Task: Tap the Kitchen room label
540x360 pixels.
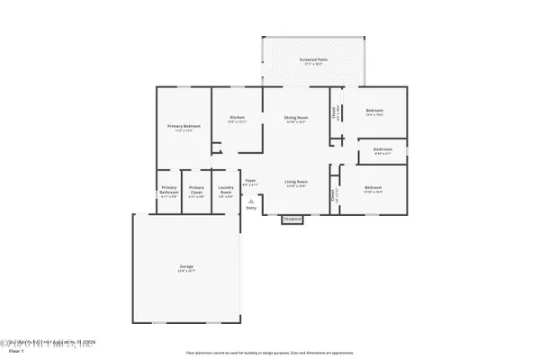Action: (x=238, y=119)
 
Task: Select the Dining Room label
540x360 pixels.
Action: (x=297, y=119)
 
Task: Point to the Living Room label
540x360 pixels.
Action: (x=298, y=184)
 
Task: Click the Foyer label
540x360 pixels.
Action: (x=251, y=182)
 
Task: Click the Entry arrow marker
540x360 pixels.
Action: (x=250, y=199)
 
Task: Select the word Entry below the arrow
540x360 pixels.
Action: (x=250, y=208)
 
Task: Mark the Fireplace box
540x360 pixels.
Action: (x=292, y=219)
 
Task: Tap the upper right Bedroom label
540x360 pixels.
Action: (x=373, y=113)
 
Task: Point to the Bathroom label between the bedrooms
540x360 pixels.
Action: (x=382, y=150)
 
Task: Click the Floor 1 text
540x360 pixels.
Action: (x=13, y=353)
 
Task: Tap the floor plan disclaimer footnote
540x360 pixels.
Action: (x=270, y=352)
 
